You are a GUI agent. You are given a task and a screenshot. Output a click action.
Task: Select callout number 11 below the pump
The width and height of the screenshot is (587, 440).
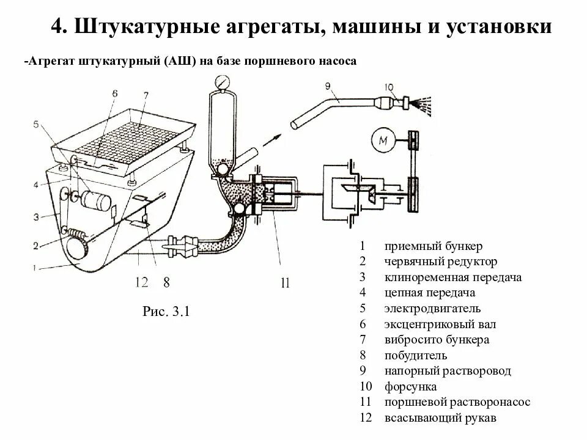click(284, 282)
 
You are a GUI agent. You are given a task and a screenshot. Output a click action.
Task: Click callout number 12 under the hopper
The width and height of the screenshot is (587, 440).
click(141, 282)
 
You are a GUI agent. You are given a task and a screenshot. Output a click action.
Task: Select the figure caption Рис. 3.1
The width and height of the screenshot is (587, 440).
click(167, 312)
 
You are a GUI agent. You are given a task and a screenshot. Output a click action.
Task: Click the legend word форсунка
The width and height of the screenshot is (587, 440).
click(410, 387)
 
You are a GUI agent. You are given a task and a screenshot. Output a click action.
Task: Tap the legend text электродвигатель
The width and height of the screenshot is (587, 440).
click(432, 309)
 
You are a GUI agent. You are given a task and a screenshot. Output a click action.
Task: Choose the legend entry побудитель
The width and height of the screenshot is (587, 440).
click(415, 355)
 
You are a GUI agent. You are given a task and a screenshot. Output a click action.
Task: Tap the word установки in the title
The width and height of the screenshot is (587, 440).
click(499, 28)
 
